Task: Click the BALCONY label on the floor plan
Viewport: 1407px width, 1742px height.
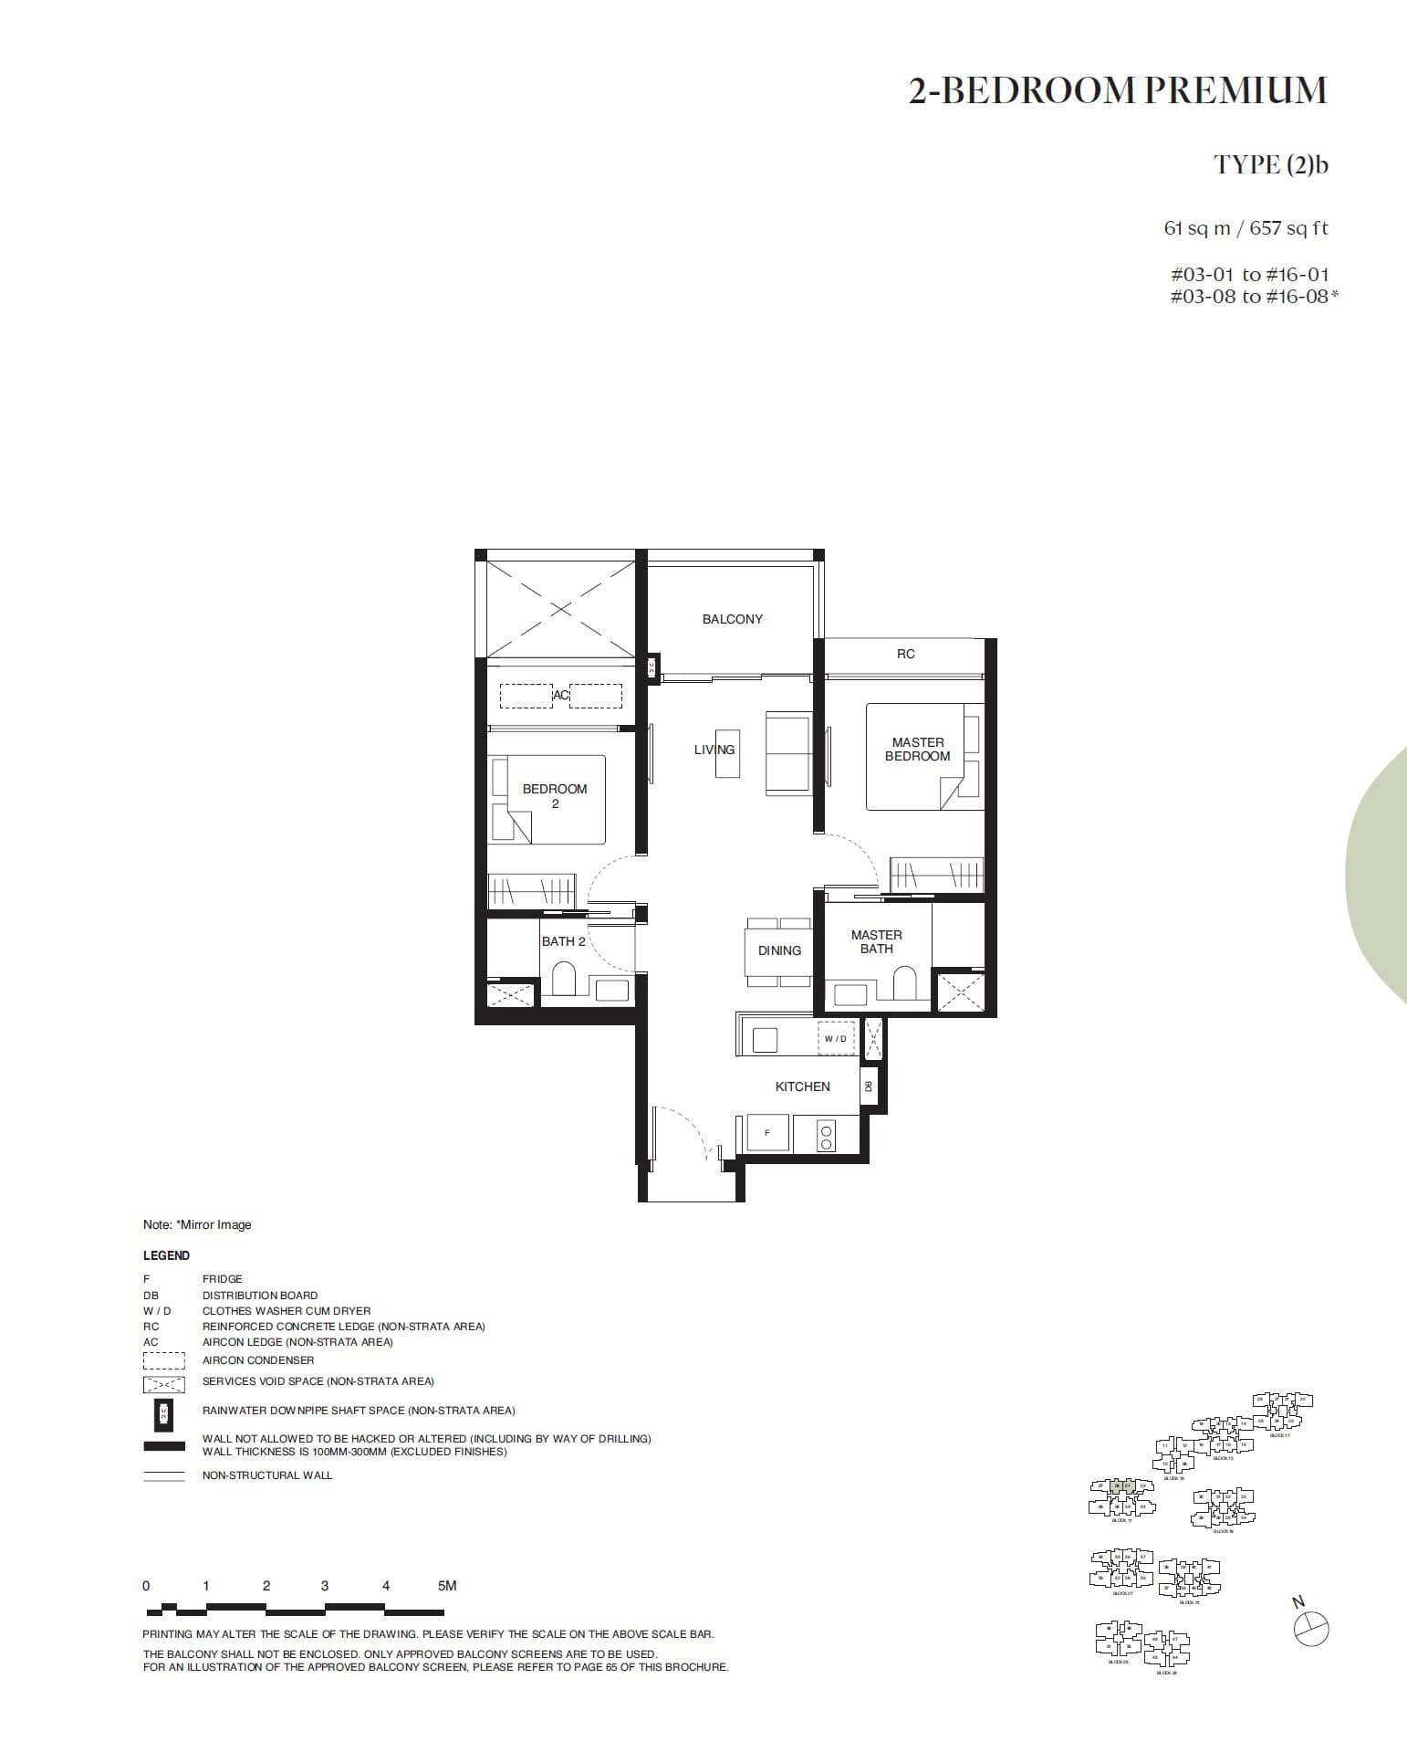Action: coord(732,619)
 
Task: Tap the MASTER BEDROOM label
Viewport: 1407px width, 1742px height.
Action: coord(917,750)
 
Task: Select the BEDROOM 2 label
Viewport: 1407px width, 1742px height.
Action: coord(555,796)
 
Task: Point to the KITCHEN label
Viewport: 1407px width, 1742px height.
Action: coord(802,1086)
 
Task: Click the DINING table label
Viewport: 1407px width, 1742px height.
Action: coord(779,950)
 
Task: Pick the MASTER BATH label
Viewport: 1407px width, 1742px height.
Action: coord(876,942)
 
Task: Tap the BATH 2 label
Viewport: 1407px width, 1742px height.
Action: coord(563,941)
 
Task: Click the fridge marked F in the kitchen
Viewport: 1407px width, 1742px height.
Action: coord(767,1133)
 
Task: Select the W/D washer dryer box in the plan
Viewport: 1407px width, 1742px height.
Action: coord(836,1038)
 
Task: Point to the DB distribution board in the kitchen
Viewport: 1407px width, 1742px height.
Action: coord(869,1086)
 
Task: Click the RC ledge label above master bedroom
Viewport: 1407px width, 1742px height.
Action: coord(905,654)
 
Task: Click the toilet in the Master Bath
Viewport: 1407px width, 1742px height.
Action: coord(903,985)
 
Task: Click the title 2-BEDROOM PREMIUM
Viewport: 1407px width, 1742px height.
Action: coord(1117,90)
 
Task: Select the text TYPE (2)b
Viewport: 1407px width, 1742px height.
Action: coord(1270,165)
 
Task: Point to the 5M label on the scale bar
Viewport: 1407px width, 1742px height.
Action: coord(446,1586)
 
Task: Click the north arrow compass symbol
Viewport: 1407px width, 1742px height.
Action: coord(1311,1629)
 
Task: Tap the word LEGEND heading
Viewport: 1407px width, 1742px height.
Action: coord(166,1255)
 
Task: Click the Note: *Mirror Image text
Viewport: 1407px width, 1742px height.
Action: coord(196,1224)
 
